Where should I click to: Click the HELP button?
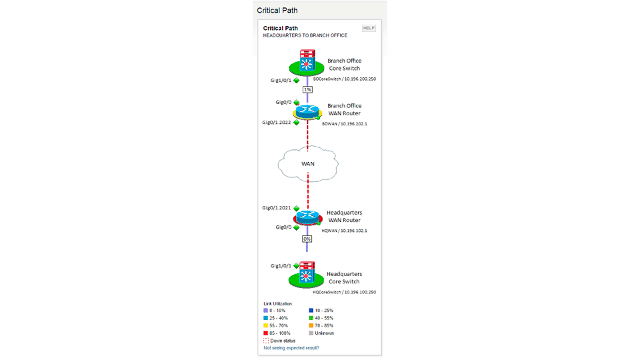tap(369, 28)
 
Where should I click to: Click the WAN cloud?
tap(308, 164)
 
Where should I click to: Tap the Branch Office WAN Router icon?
tap(308, 112)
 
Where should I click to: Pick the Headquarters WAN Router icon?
tap(308, 218)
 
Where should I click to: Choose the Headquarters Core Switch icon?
tap(307, 275)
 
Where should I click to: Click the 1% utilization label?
tap(307, 89)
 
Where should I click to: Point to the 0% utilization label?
tap(307, 239)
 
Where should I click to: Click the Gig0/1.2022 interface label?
tap(276, 123)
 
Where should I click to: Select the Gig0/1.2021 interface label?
tap(276, 208)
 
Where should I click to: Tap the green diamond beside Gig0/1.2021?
tap(296, 208)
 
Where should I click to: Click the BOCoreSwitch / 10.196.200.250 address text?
tap(345, 79)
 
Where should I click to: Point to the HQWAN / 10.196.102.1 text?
tap(344, 231)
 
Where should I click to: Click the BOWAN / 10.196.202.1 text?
tap(345, 124)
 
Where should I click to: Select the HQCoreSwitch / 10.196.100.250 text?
tap(345, 292)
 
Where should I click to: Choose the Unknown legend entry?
tap(321, 333)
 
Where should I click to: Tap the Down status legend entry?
tap(279, 341)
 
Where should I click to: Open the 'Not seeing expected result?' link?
tap(291, 348)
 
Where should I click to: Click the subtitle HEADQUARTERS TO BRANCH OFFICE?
tap(305, 35)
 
